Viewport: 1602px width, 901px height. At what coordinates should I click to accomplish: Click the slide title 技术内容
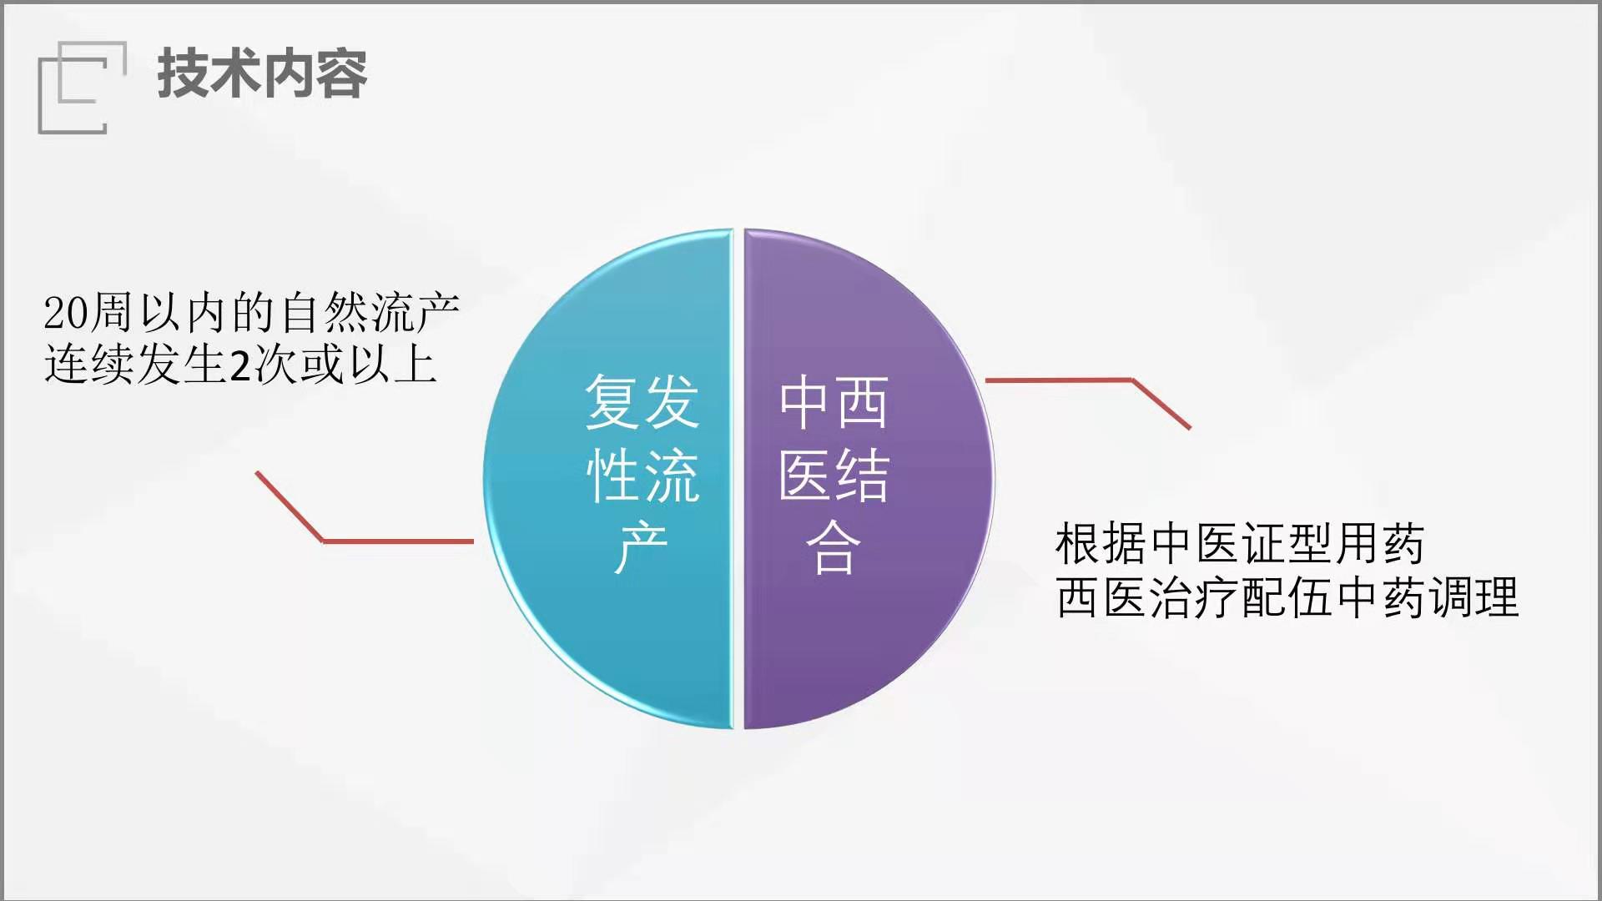(x=262, y=73)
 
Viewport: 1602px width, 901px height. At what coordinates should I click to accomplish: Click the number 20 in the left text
(x=65, y=314)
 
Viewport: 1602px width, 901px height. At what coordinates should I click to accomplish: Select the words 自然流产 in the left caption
(x=370, y=312)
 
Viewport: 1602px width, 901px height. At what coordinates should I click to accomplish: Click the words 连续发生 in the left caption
(x=134, y=365)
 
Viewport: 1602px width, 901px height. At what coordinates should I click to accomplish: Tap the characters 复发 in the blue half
(x=642, y=402)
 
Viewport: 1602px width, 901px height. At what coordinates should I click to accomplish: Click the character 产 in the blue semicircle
(x=642, y=548)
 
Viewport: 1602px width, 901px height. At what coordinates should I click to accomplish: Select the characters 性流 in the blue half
(x=642, y=476)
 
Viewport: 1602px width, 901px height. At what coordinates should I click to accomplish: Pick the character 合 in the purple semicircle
(x=834, y=548)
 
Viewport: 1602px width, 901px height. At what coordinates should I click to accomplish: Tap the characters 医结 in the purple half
(x=834, y=476)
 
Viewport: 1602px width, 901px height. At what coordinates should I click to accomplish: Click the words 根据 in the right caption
(x=1101, y=544)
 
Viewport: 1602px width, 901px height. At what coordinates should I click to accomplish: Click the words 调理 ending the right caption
(x=1474, y=597)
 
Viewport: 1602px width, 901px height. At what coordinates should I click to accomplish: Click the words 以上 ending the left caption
(x=393, y=365)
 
